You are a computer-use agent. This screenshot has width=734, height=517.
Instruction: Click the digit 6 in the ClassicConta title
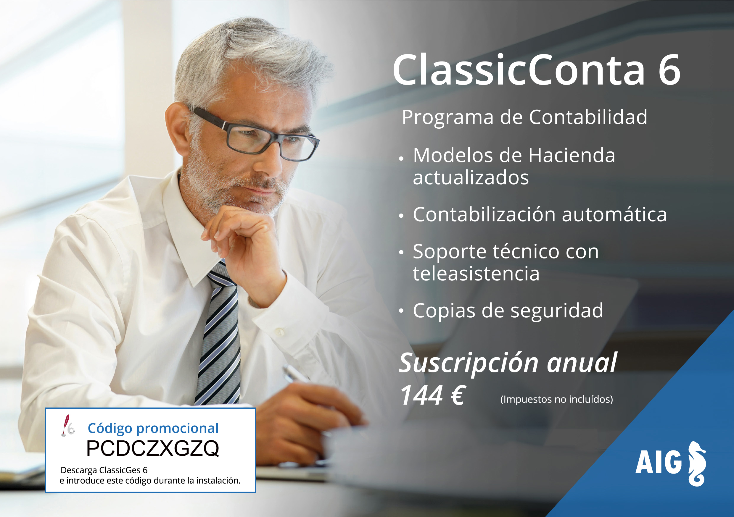[x=669, y=70]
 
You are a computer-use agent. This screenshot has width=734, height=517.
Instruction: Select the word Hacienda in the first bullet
[x=572, y=156]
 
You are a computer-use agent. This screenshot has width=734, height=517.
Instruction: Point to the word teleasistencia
[x=476, y=274]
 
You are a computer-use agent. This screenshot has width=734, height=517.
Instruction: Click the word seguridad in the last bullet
[x=557, y=311]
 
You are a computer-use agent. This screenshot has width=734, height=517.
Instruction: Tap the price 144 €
[x=432, y=395]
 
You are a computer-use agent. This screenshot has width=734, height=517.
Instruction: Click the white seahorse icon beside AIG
[x=697, y=464]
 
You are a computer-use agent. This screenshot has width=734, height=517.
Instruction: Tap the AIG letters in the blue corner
[x=659, y=462]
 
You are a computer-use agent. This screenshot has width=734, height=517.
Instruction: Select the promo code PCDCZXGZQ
[x=152, y=448]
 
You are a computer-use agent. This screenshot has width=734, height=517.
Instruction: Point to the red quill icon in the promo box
[x=67, y=425]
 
